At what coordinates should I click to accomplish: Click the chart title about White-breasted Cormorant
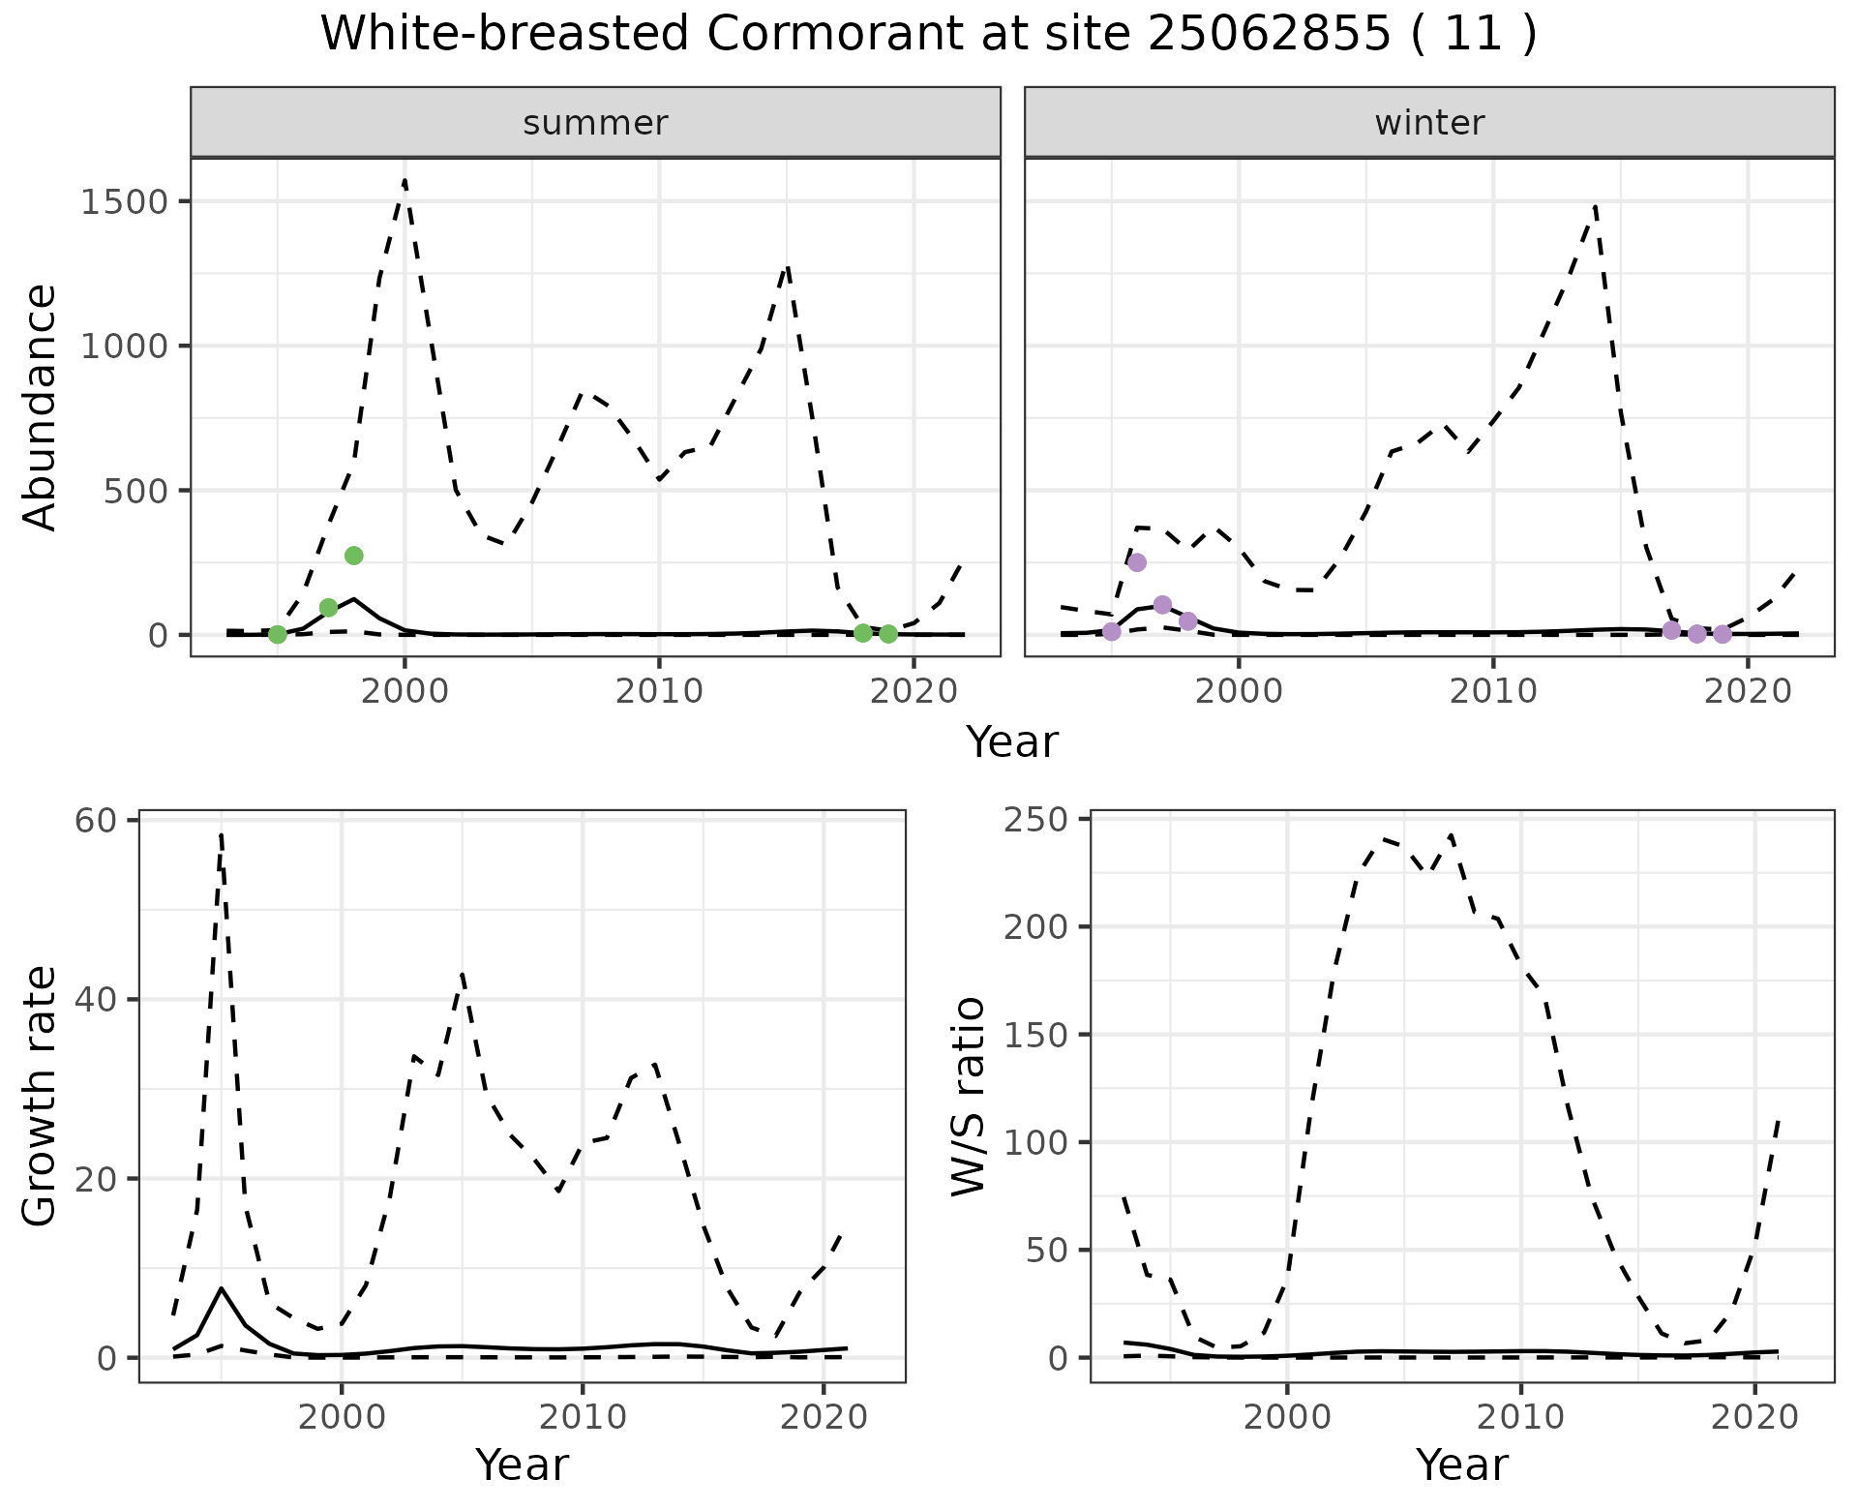[x=928, y=35]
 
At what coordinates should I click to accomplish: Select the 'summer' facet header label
[x=595, y=123]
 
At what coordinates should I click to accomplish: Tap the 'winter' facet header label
[x=1429, y=123]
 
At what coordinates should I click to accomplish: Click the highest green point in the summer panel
[x=353, y=556]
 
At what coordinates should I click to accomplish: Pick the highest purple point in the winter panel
[x=1137, y=562]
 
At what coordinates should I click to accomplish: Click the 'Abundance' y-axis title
[x=41, y=407]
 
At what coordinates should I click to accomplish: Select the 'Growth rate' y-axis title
[x=41, y=1096]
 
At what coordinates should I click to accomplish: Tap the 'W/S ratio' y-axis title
[x=969, y=1096]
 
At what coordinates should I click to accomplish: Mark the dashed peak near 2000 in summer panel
[x=405, y=180]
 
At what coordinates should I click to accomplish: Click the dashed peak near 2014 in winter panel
[x=1594, y=206]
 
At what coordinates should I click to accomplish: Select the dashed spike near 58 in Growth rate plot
[x=222, y=834]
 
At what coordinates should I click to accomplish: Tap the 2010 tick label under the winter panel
[x=1493, y=691]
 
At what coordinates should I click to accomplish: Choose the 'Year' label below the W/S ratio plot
[x=1461, y=1465]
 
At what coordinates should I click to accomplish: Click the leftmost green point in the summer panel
[x=278, y=634]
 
